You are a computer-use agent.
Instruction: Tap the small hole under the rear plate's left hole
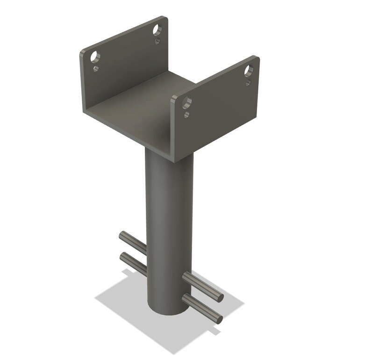pyautogui.click(x=96, y=69)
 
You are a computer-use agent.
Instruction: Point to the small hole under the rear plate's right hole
pyautogui.click(x=157, y=41)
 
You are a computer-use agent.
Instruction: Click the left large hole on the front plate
pyautogui.click(x=187, y=102)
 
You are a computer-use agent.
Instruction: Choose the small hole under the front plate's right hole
pyautogui.click(x=248, y=83)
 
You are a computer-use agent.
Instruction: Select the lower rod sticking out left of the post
pyautogui.click(x=132, y=262)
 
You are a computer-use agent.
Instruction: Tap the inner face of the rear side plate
pyautogui.click(x=126, y=70)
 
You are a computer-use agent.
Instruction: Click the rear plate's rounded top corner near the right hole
pyautogui.click(x=165, y=20)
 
